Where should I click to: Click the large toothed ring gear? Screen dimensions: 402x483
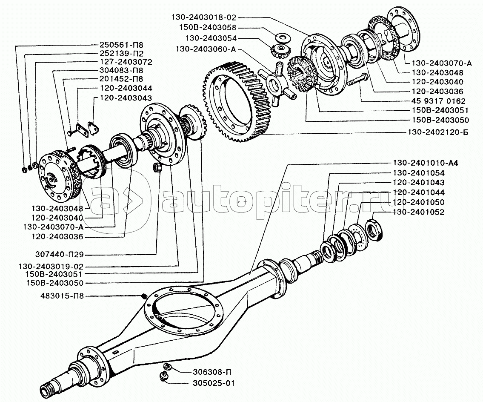(x=238, y=102)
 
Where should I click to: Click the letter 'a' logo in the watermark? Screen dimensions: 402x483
(x=113, y=198)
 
